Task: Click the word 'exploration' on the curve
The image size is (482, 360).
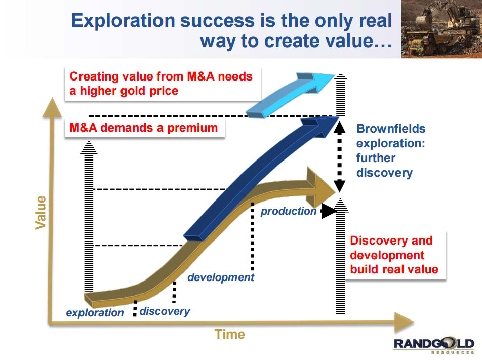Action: point(95,312)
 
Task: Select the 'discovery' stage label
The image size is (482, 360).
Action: point(165,311)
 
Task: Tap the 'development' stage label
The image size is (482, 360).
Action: point(221,277)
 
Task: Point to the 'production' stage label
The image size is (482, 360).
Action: point(289,211)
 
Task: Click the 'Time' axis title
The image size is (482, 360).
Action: point(230,334)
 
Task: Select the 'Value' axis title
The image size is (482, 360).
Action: point(41,213)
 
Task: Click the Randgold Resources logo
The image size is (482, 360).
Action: point(434,345)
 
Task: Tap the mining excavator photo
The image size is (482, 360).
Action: point(441,29)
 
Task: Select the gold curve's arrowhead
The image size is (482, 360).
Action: point(321,188)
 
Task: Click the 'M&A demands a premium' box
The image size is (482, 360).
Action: point(144,128)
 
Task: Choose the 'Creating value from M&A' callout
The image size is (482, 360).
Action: point(163,84)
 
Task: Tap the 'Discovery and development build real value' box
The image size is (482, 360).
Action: point(395,255)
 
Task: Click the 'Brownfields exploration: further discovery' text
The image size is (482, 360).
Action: point(391,151)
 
